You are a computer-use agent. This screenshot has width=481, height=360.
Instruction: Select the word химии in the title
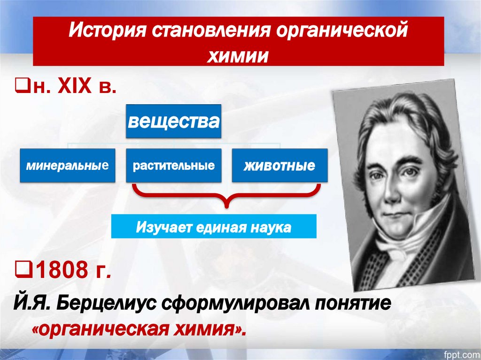239,55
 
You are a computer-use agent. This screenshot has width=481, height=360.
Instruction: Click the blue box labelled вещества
173,122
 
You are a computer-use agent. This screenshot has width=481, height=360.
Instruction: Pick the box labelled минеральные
67,166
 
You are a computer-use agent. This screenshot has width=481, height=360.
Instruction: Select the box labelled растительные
173,166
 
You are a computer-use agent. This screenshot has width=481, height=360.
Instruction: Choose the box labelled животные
279,166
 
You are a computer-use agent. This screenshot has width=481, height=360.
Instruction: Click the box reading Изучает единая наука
214,227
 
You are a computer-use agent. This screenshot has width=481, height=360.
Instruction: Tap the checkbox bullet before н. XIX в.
21,88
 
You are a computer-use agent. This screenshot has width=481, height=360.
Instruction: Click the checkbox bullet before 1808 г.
21,270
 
